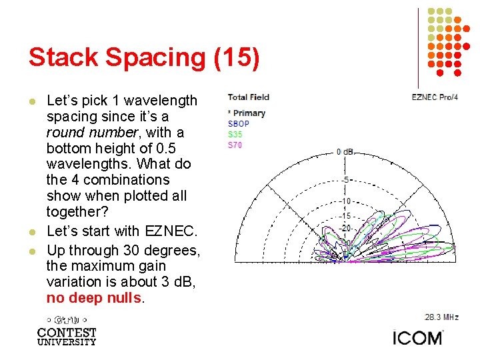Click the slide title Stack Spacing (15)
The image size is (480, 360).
(143, 58)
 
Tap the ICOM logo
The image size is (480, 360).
(417, 337)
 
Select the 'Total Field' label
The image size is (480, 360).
(248, 97)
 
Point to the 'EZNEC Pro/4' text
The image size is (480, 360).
(435, 97)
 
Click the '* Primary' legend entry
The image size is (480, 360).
(247, 113)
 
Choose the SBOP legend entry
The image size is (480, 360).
(239, 124)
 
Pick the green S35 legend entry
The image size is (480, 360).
(235, 134)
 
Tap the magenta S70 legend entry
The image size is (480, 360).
(235, 145)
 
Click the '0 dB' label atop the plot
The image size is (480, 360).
(345, 152)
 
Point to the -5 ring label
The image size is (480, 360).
(345, 180)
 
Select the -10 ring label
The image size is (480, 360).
(345, 201)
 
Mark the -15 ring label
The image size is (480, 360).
(345, 216)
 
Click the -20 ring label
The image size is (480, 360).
(345, 229)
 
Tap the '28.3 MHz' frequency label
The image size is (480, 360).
(442, 317)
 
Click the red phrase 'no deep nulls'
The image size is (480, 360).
(93, 298)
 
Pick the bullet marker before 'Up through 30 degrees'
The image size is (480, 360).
(31, 251)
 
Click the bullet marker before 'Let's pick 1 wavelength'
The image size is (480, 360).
(31, 101)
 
